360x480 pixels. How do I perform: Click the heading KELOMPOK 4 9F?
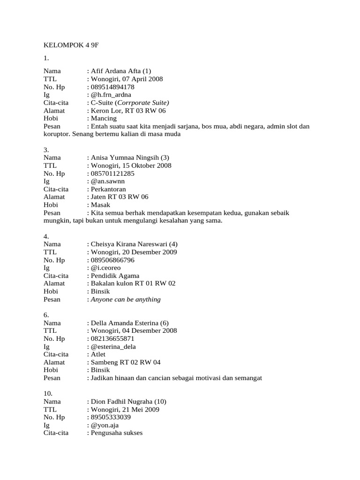tap(71, 45)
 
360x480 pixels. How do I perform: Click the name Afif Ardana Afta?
tap(117, 71)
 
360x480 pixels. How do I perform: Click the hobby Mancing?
tap(104, 119)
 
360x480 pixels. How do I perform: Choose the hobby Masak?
tap(100, 205)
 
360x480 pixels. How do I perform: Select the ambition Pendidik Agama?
tap(115, 276)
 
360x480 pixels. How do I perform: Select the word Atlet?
tap(98, 354)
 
